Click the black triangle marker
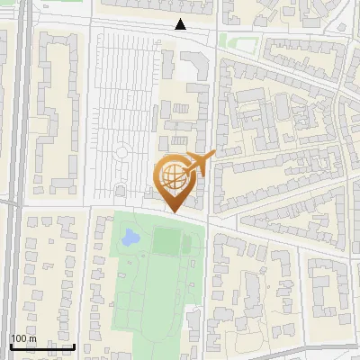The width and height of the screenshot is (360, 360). tap(181, 24)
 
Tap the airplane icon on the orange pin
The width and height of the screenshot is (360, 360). tap(200, 163)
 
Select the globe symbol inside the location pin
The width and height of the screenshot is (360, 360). tap(171, 175)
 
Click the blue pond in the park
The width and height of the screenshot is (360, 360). tap(130, 238)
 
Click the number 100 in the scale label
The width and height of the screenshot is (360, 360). tap(20, 339)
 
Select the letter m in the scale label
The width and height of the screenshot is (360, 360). tap(31, 339)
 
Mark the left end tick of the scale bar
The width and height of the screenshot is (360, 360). tap(10, 346)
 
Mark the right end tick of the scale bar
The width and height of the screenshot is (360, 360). tap(74, 346)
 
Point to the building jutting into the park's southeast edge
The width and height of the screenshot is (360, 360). tap(193, 328)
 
